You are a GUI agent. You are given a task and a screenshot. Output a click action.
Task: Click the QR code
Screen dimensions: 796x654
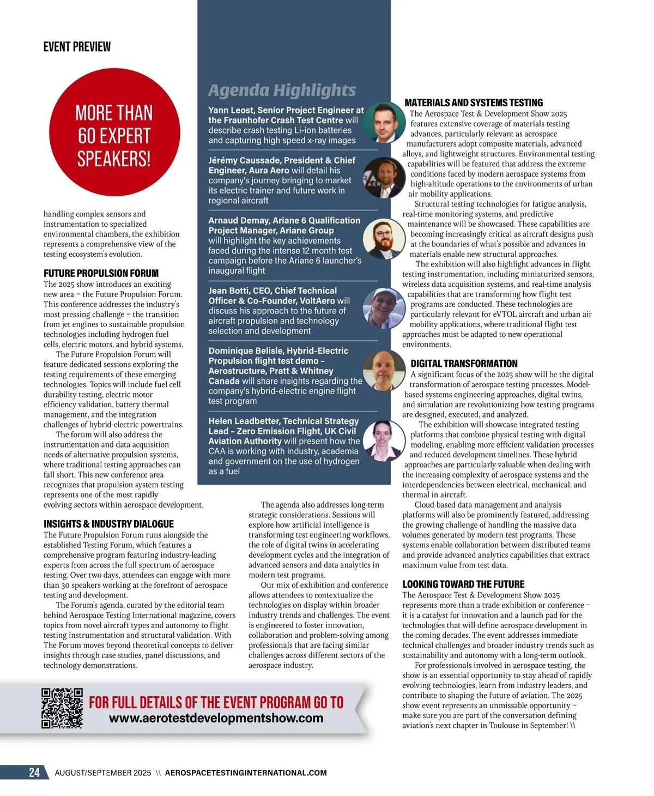(62, 708)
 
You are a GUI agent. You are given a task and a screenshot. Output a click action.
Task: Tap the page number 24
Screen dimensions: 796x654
(34, 773)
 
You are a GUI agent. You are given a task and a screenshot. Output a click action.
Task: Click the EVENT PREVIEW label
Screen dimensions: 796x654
(77, 47)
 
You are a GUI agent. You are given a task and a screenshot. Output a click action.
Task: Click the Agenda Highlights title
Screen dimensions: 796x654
(282, 90)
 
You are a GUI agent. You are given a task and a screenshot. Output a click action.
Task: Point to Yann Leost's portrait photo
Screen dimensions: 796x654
(383, 122)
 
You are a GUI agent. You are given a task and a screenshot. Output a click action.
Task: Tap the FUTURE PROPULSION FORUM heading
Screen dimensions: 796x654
(101, 273)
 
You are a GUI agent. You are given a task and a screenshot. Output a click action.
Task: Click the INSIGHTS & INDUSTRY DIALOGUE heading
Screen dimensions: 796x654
(108, 524)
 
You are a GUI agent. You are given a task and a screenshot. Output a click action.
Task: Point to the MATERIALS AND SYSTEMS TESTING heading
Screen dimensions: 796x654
(474, 102)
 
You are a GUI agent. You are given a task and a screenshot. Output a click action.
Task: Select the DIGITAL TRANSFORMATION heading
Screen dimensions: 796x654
(464, 364)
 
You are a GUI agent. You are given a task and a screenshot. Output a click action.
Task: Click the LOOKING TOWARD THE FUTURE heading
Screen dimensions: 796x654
(463, 584)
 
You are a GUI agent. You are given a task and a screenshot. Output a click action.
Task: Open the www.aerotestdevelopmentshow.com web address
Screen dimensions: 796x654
(216, 718)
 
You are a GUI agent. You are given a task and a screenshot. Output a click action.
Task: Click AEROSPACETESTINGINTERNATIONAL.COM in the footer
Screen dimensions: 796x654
(246, 773)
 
